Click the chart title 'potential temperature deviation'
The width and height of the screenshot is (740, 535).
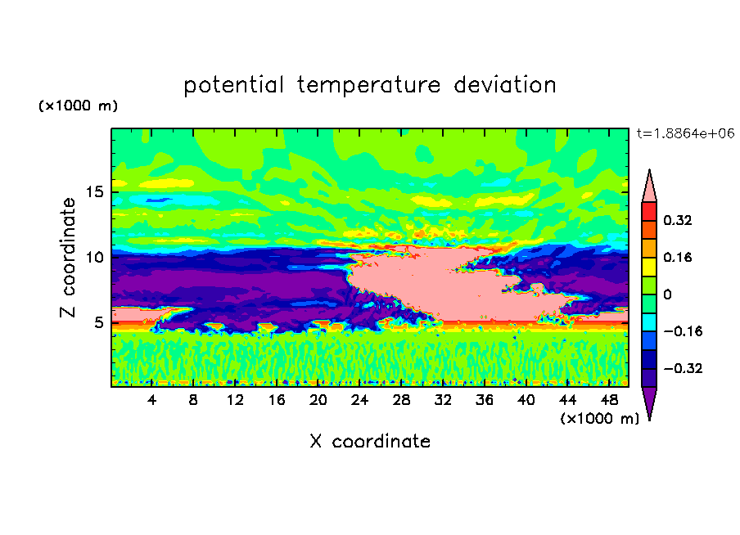pyautogui.click(x=369, y=85)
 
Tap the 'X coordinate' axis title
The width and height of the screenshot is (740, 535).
pyautogui.click(x=370, y=441)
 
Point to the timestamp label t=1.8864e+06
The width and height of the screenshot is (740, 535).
pyautogui.click(x=685, y=133)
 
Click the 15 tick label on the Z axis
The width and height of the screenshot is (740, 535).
pyautogui.click(x=94, y=192)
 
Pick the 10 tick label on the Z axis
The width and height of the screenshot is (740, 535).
pyautogui.click(x=94, y=257)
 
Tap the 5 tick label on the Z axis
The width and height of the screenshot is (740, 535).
pyautogui.click(x=98, y=322)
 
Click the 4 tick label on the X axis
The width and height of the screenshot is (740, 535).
pyautogui.click(x=151, y=400)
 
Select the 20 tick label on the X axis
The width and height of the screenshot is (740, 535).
pyautogui.click(x=318, y=400)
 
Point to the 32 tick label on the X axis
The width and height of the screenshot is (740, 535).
pyautogui.click(x=443, y=400)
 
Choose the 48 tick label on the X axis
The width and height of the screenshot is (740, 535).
pyautogui.click(x=609, y=400)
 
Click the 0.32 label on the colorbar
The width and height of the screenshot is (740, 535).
pyautogui.click(x=678, y=220)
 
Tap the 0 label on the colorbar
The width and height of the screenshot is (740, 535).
pyautogui.click(x=667, y=294)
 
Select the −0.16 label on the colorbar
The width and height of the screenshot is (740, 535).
pyautogui.click(x=683, y=331)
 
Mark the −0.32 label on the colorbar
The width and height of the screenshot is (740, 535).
pyautogui.click(x=683, y=368)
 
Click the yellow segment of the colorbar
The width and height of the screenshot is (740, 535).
pyautogui.click(x=649, y=267)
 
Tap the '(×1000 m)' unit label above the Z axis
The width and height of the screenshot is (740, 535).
pyautogui.click(x=78, y=106)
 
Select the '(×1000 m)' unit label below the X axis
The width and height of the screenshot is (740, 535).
pyautogui.click(x=599, y=419)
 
